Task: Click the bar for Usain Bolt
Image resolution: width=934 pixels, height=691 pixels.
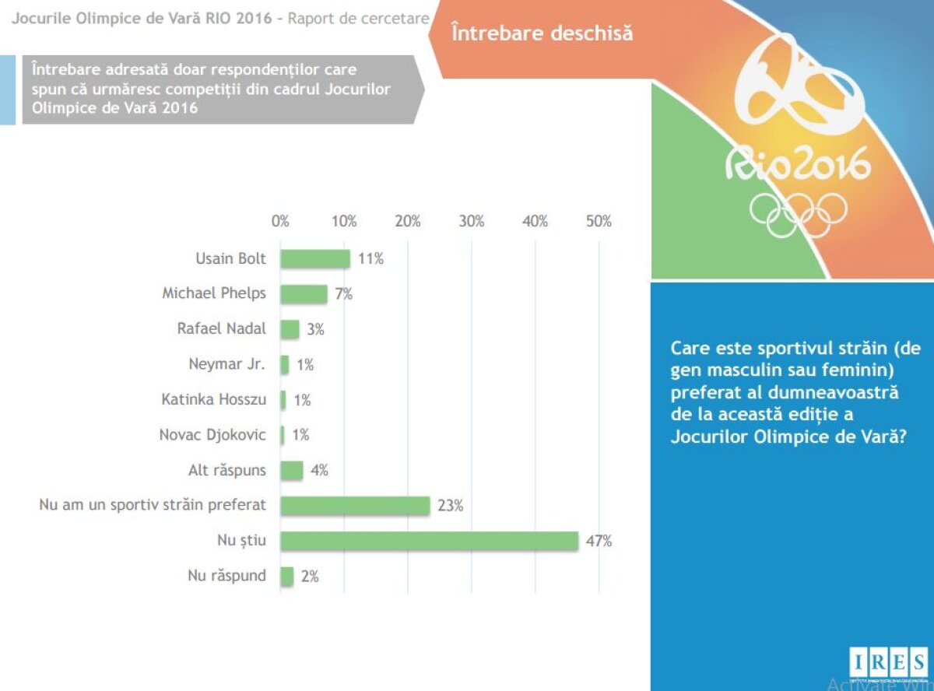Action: pyautogui.click(x=315, y=258)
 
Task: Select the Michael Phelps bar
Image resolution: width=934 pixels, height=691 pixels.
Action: pyautogui.click(x=304, y=293)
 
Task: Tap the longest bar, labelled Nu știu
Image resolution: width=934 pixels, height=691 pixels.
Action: pyautogui.click(x=429, y=541)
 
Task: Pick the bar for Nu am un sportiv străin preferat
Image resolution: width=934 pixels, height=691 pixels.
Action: pyautogui.click(x=355, y=505)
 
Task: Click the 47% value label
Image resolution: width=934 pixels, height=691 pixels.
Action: pyautogui.click(x=599, y=541)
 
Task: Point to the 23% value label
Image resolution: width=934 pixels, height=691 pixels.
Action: pyautogui.click(x=451, y=506)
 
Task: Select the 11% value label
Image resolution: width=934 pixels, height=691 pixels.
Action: pyautogui.click(x=371, y=258)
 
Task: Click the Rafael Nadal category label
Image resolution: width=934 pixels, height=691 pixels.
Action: pyautogui.click(x=221, y=328)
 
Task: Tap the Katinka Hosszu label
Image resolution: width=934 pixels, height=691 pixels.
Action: pyautogui.click(x=213, y=399)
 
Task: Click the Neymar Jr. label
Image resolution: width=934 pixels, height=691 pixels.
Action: pyautogui.click(x=227, y=364)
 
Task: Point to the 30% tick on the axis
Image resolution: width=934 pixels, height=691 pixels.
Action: pyautogui.click(x=472, y=221)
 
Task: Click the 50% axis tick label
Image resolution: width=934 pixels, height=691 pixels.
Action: pyautogui.click(x=599, y=221)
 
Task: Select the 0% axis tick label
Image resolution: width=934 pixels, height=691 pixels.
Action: pyautogui.click(x=280, y=221)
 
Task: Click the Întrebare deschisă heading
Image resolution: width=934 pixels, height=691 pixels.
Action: pyautogui.click(x=542, y=33)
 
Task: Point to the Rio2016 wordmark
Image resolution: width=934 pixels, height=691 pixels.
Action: pyautogui.click(x=797, y=166)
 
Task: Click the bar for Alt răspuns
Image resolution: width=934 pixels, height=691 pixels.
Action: pyautogui.click(x=292, y=470)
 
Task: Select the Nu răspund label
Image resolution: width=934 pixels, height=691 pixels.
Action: pyautogui.click(x=226, y=576)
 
